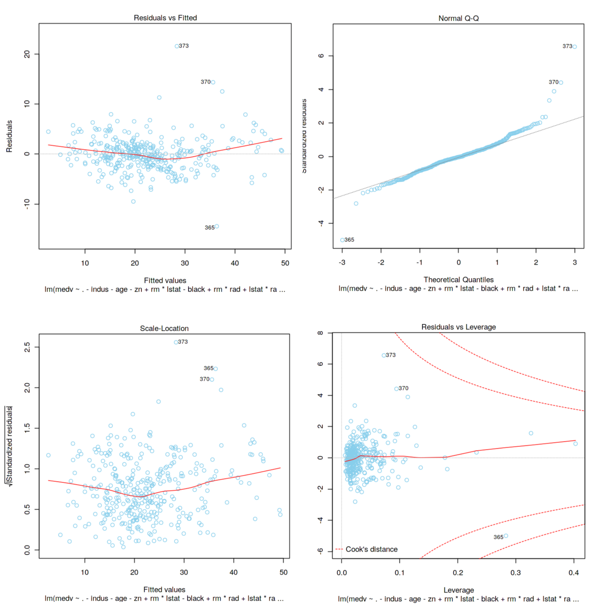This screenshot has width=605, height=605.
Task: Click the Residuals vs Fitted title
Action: click(165, 18)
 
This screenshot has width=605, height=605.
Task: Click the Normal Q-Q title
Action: click(458, 18)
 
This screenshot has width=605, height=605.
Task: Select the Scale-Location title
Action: click(164, 328)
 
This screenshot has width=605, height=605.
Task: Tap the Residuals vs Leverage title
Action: click(458, 327)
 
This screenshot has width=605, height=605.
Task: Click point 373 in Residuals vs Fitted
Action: click(177, 46)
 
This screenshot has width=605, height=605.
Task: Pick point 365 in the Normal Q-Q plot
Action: click(342, 240)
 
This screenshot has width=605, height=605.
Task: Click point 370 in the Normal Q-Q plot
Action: click(561, 83)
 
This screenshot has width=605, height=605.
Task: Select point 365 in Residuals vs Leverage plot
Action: click(506, 536)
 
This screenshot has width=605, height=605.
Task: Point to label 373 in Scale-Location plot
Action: click(183, 342)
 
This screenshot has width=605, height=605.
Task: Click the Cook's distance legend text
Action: click(371, 549)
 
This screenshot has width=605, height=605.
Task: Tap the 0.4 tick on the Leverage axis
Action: click(573, 573)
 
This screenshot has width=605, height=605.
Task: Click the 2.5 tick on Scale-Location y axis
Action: click(27, 347)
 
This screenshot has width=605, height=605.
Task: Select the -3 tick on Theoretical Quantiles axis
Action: click(342, 263)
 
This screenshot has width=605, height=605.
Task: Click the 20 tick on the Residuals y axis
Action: click(27, 54)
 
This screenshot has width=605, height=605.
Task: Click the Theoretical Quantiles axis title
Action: click(458, 280)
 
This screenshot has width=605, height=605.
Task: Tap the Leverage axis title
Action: click(458, 590)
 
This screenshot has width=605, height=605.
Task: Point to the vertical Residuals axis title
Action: click(9, 136)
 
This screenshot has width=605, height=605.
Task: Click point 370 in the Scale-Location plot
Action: click(212, 380)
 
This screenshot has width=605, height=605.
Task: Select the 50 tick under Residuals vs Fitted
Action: click(285, 263)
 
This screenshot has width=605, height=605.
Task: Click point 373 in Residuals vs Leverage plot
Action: click(384, 355)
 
